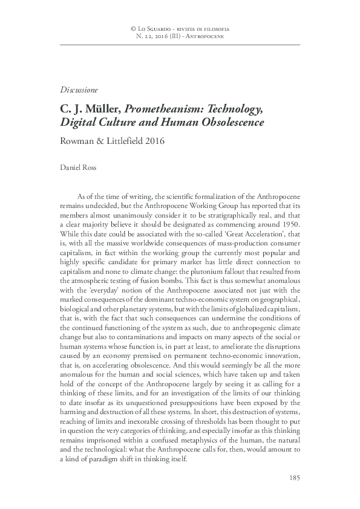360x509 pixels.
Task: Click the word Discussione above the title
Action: point(79,90)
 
